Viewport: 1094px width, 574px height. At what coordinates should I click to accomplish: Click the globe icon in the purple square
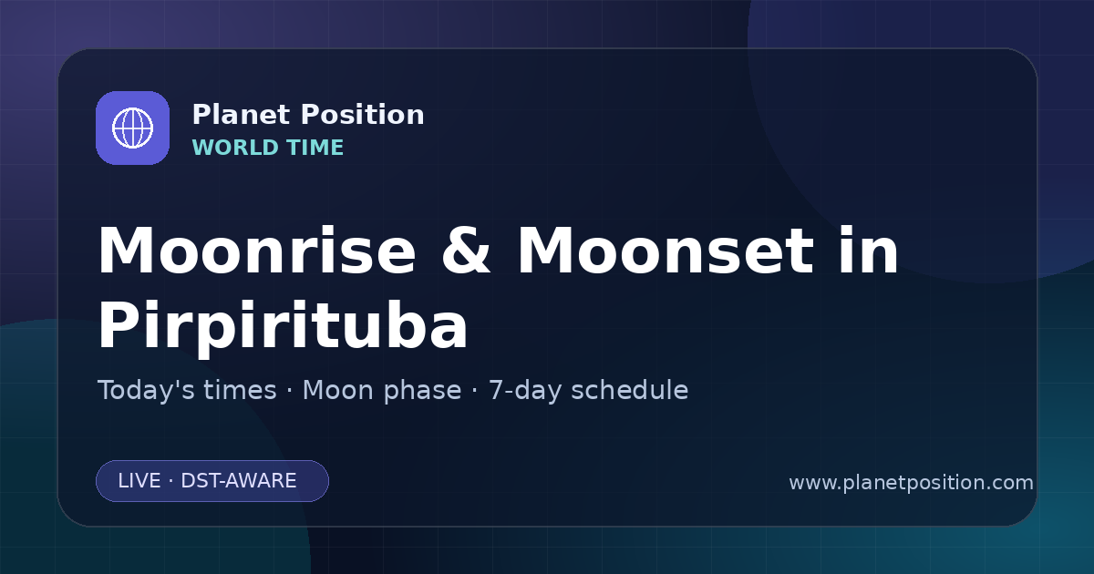tap(132, 128)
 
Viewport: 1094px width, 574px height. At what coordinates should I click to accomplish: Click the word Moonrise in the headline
tap(257, 251)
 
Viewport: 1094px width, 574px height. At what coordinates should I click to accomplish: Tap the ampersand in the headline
tap(466, 251)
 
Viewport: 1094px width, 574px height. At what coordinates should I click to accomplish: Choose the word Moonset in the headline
tap(666, 251)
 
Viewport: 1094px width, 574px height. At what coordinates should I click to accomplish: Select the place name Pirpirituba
tap(283, 325)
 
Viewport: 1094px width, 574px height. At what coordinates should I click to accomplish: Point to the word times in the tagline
tap(241, 390)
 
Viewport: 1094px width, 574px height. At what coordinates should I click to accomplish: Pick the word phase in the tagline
tap(422, 391)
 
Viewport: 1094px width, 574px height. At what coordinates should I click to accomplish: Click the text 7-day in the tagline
tap(525, 391)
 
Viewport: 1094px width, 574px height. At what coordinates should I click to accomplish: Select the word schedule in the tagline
tap(630, 390)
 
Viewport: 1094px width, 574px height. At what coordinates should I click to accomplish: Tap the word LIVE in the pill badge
tap(139, 481)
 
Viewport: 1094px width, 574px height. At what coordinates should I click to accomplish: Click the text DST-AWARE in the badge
tap(239, 481)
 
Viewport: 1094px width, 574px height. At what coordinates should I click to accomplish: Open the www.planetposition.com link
tap(912, 483)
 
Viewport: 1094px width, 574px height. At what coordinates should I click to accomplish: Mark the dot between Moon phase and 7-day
tap(475, 391)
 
